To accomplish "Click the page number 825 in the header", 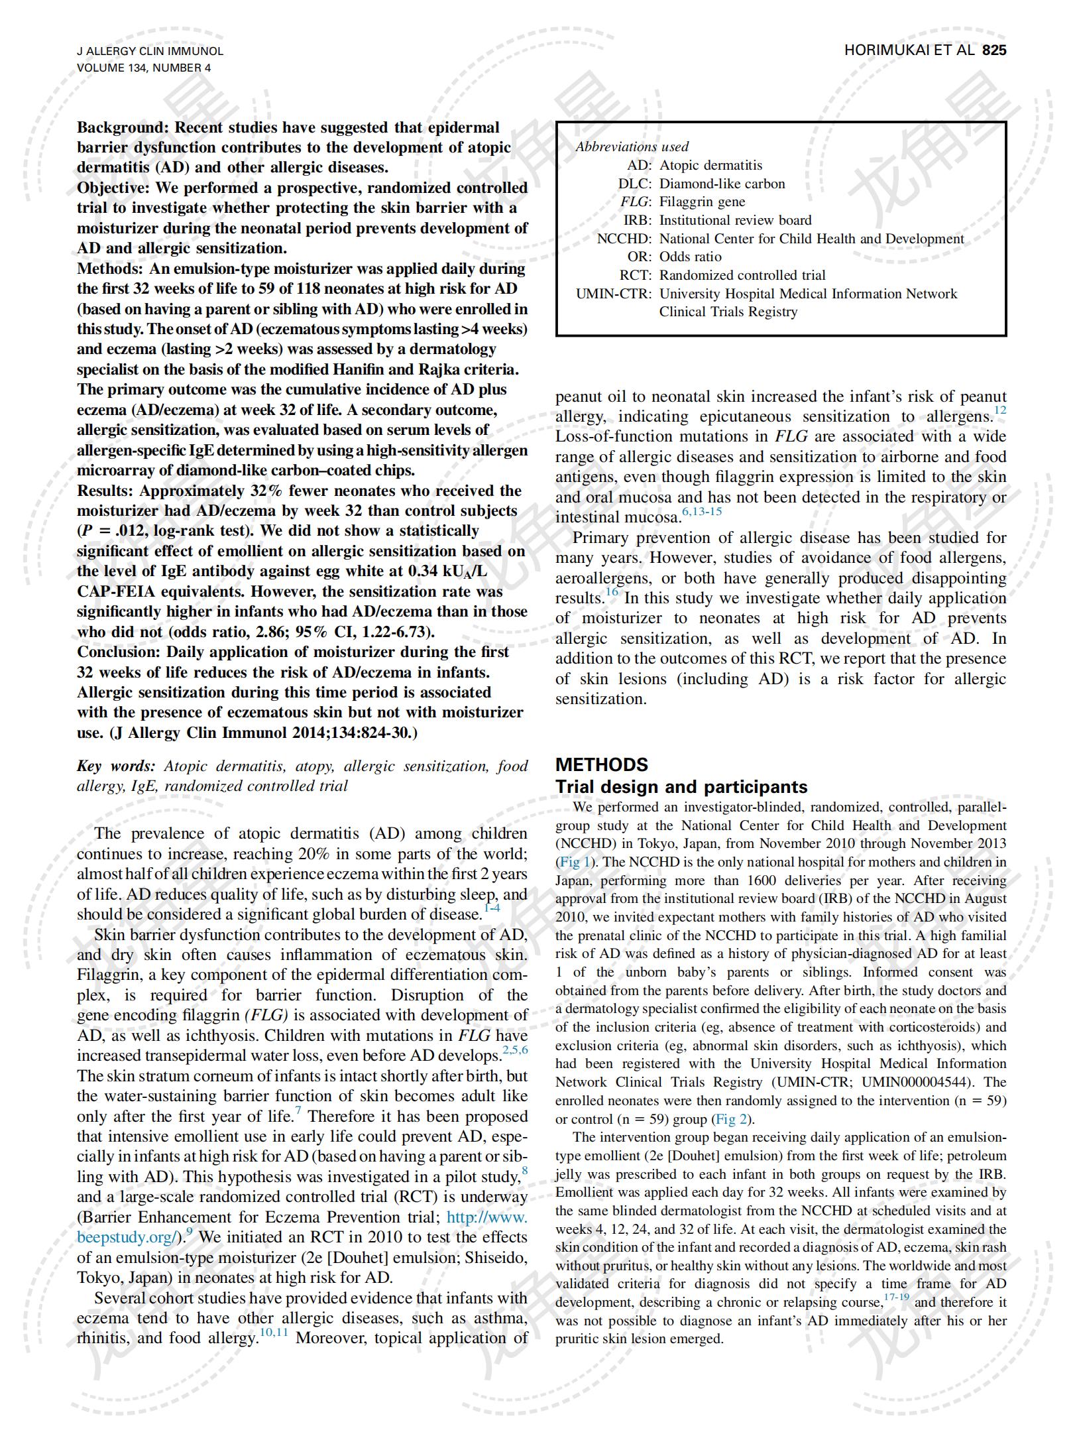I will tap(993, 50).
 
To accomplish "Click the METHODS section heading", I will tap(601, 764).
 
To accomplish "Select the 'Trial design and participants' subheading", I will tap(681, 787).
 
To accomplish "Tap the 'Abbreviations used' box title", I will tap(632, 147).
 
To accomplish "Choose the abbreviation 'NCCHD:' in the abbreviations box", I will tap(624, 239).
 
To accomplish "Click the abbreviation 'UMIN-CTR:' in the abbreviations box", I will tap(614, 294).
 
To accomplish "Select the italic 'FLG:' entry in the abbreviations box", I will tap(636, 202).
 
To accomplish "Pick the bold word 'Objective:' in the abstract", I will tap(113, 188).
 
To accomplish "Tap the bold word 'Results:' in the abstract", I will tap(105, 491).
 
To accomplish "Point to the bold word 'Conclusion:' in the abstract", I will tap(119, 652).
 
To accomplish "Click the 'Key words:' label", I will tap(116, 766).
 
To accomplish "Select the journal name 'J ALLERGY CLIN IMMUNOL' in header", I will tap(150, 51).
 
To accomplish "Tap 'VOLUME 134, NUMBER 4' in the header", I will tap(144, 68).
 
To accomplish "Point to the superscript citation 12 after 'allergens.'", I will tap(999, 410).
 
